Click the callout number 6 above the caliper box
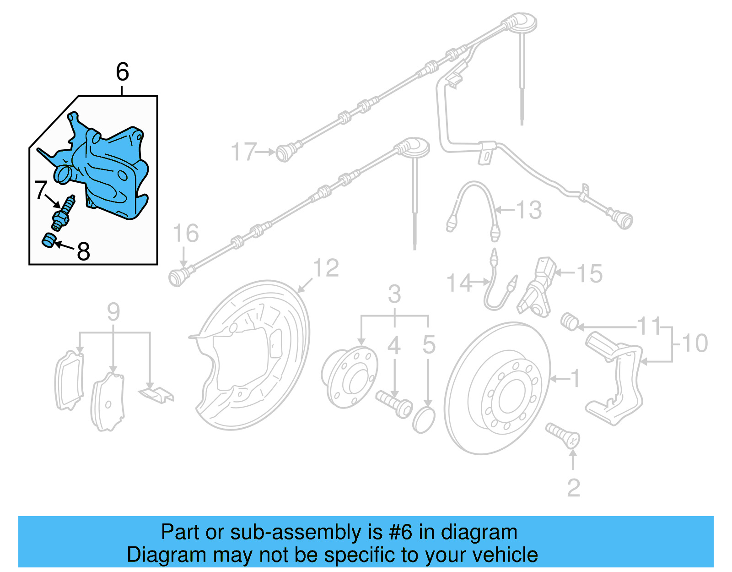click(123, 72)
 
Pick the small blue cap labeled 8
click(48, 240)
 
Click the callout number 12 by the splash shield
click(326, 268)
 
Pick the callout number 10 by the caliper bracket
click(694, 343)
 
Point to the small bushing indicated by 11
click(570, 321)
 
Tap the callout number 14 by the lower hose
click(459, 283)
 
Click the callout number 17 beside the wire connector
click(244, 152)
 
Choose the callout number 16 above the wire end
click(186, 234)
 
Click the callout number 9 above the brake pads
click(113, 312)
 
